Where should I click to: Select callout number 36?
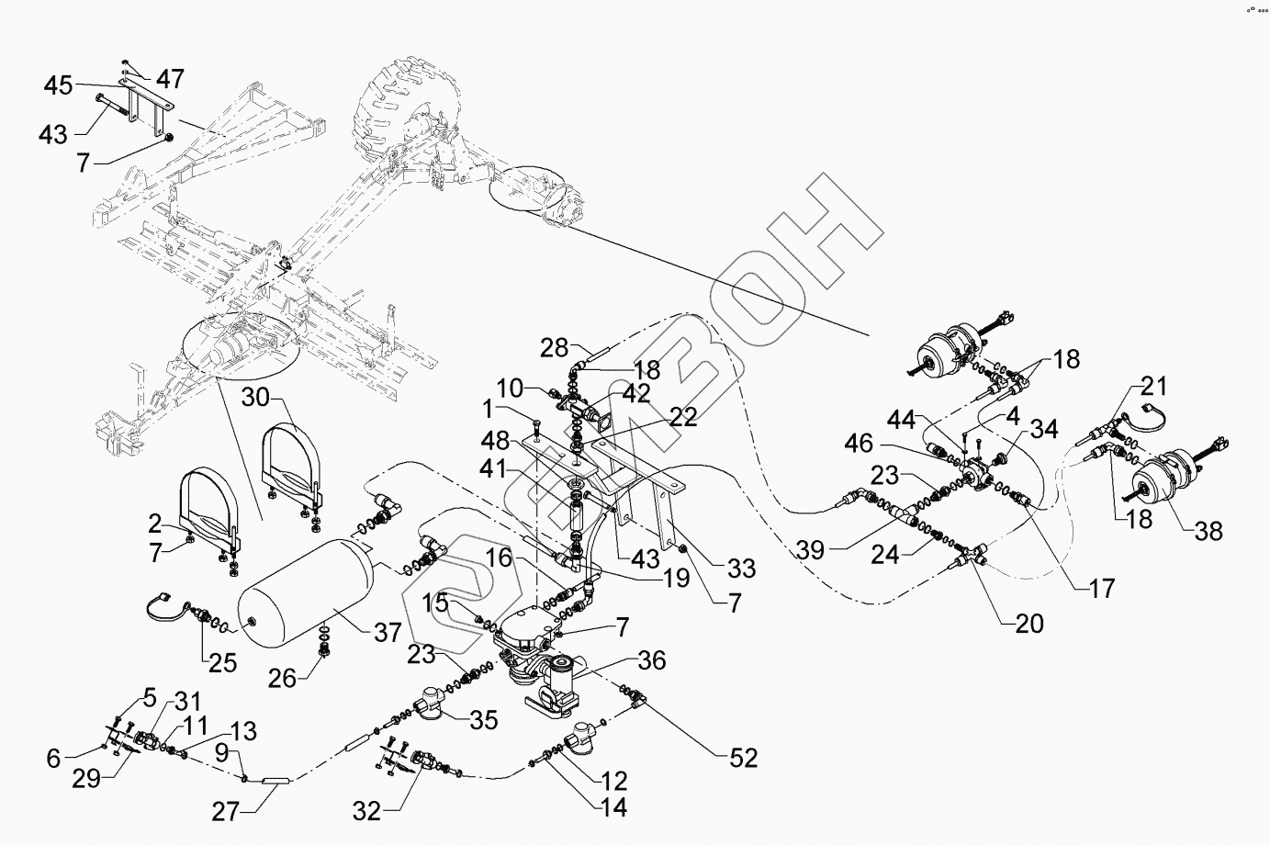click(x=653, y=660)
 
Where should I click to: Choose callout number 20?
click(x=1028, y=624)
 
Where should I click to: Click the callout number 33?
click(x=739, y=569)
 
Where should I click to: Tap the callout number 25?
click(x=223, y=661)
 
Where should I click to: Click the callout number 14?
click(x=613, y=808)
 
